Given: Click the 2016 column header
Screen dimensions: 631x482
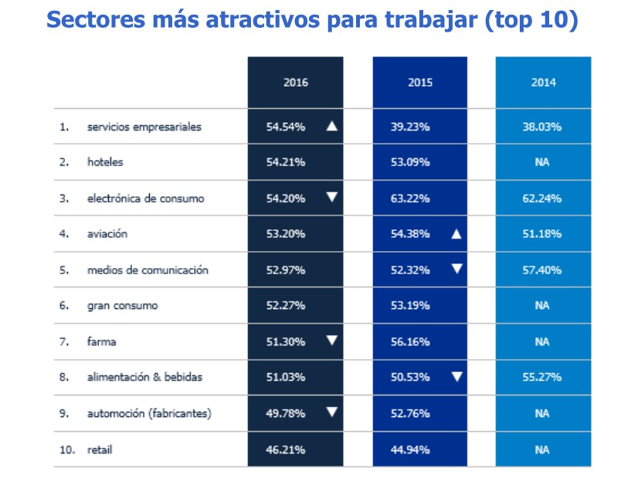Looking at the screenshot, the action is [296, 83].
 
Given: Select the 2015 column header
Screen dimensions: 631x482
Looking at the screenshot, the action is [420, 83].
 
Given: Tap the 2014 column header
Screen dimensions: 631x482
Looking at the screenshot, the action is [543, 83].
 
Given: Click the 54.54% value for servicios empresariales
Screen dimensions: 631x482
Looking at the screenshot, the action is [286, 127].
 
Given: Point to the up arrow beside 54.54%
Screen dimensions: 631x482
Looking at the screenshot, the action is [332, 126].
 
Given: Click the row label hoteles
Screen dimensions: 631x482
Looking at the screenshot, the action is [105, 161].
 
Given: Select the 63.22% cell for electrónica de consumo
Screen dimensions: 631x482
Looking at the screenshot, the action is [410, 199].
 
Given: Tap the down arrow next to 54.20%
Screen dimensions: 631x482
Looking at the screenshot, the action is [332, 197].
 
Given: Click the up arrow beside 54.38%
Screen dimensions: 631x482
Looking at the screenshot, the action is [456, 234].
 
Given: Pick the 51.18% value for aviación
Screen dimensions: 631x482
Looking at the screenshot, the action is [541, 234].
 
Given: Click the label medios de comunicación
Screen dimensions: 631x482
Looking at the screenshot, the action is [148, 270].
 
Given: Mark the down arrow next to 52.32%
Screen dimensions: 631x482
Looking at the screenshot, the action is [456, 269].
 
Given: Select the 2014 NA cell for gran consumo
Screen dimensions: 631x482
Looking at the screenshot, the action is [542, 305].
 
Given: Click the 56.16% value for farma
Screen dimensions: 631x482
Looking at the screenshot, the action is [410, 341].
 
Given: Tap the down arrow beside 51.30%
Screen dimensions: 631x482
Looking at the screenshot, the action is [332, 341].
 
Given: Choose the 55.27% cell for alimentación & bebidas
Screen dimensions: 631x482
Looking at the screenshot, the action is [541, 377].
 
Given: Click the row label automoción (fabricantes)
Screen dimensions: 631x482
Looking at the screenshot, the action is [149, 413].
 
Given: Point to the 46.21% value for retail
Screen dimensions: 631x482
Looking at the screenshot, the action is [285, 450].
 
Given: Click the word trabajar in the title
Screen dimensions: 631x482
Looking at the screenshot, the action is [432, 20].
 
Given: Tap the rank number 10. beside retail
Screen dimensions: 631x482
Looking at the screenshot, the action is [67, 450].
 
